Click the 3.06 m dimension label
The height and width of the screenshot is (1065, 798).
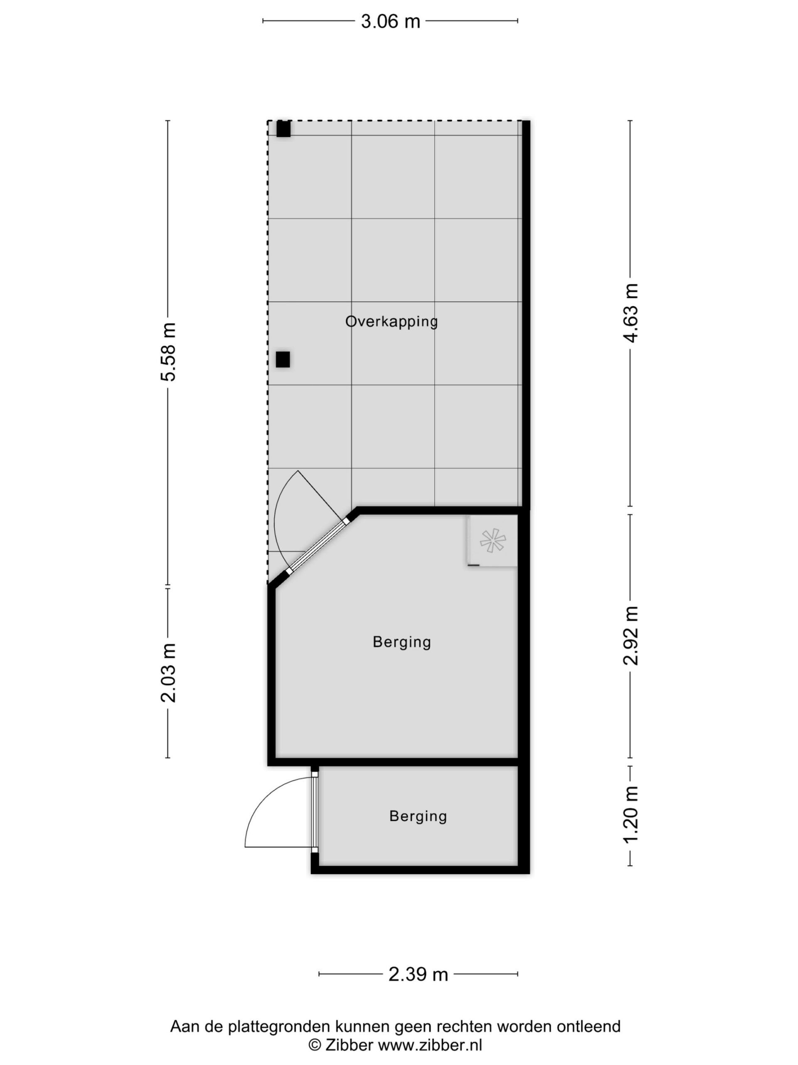pos(391,21)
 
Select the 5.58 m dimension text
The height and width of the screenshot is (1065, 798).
pos(168,352)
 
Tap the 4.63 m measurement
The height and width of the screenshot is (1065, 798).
pos(630,313)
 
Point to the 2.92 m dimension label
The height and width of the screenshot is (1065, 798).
pos(630,636)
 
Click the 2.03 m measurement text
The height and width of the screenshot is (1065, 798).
pos(168,673)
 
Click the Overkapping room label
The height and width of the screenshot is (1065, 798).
pos(392,321)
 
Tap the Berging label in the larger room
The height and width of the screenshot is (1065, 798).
pos(401,642)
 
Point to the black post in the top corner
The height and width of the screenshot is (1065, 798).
pos(283,129)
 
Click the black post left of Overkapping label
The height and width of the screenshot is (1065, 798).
pos(283,360)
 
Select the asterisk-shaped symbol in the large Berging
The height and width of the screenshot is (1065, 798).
pos(493,540)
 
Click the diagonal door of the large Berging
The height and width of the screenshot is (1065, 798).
pos(317,547)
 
